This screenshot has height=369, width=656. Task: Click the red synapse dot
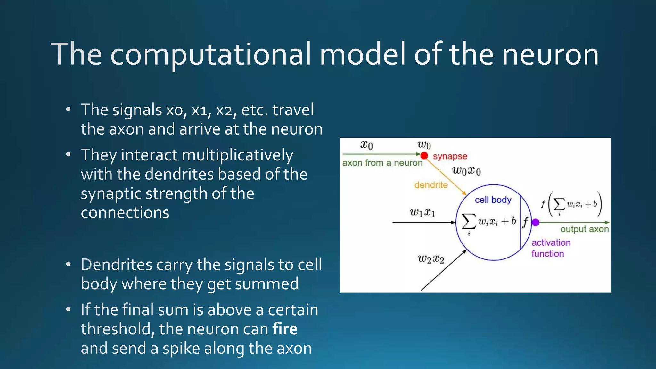click(x=424, y=156)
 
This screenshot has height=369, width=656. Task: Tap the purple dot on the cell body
click(x=536, y=222)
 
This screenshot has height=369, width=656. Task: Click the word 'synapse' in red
click(x=450, y=156)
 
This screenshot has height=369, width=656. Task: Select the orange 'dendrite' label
click(x=431, y=185)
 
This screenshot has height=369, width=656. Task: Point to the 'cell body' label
click(x=493, y=200)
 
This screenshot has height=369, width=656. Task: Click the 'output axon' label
click(x=584, y=229)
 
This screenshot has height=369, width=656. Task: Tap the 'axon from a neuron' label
click(x=382, y=163)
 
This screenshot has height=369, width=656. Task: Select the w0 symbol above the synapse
click(x=424, y=145)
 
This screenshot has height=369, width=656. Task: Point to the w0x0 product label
click(x=466, y=171)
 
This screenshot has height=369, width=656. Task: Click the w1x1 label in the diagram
click(x=422, y=212)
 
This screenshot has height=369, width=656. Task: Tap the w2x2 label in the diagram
click(x=431, y=259)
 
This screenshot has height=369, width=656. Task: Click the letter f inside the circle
click(x=525, y=222)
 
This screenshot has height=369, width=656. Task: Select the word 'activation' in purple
click(x=551, y=242)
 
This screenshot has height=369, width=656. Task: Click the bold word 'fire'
click(x=285, y=329)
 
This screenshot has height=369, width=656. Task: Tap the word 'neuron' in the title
click(x=550, y=54)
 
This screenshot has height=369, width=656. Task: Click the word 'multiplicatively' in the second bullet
click(x=237, y=155)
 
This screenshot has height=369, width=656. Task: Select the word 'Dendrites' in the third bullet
click(x=117, y=265)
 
